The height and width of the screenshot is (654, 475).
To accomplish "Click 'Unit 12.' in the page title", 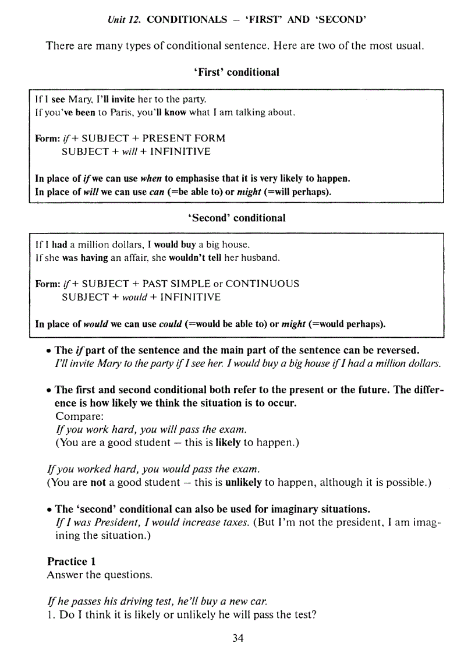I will point(125,20).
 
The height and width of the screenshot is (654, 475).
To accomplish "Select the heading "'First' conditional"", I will point(236,72).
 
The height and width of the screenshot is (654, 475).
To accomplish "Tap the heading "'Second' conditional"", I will point(236,218).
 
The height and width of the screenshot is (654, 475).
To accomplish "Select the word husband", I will point(263,257).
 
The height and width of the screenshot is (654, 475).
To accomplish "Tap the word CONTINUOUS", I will point(262,284).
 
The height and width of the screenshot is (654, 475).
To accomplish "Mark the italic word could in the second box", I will point(171,324).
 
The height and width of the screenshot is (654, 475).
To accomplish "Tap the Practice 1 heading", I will point(71,561).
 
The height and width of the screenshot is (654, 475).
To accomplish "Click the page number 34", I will point(238,638).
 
